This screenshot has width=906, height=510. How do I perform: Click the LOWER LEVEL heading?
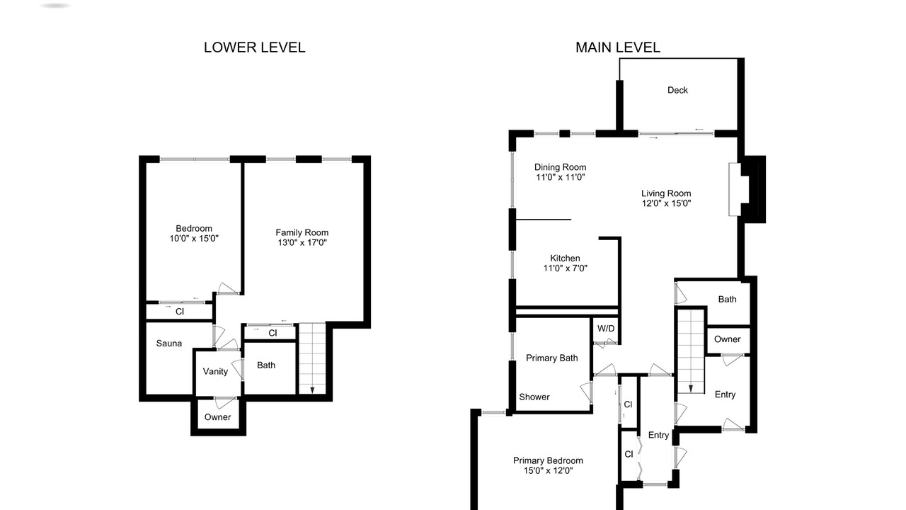tap(254, 47)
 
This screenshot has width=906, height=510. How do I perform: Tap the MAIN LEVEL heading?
tap(618, 47)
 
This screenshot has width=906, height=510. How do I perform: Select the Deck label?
tap(677, 90)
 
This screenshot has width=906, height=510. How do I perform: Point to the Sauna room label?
tap(169, 344)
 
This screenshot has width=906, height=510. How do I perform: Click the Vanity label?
tap(215, 372)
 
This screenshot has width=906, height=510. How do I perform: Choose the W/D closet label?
tap(606, 329)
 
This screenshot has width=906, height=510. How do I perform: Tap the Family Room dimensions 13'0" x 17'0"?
tap(302, 242)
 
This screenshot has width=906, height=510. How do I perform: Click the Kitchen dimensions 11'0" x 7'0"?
tap(565, 268)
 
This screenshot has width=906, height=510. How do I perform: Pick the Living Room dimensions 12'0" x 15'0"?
tap(666, 203)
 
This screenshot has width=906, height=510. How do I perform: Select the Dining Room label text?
tap(560, 167)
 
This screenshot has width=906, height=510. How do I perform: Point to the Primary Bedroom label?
tap(548, 460)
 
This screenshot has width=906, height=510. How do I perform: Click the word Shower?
tap(534, 397)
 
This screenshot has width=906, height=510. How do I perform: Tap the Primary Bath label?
tap(551, 358)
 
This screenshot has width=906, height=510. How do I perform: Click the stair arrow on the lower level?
tap(312, 390)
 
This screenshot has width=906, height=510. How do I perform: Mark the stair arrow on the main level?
tap(691, 389)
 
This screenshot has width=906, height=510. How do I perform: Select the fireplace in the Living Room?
tap(735, 189)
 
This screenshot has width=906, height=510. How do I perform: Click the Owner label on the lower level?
tap(217, 417)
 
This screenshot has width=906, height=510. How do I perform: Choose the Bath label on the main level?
tap(727, 300)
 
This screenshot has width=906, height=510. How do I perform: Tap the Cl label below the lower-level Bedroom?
tap(180, 312)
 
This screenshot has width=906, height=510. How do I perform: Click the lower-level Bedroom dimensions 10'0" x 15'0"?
tap(194, 239)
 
